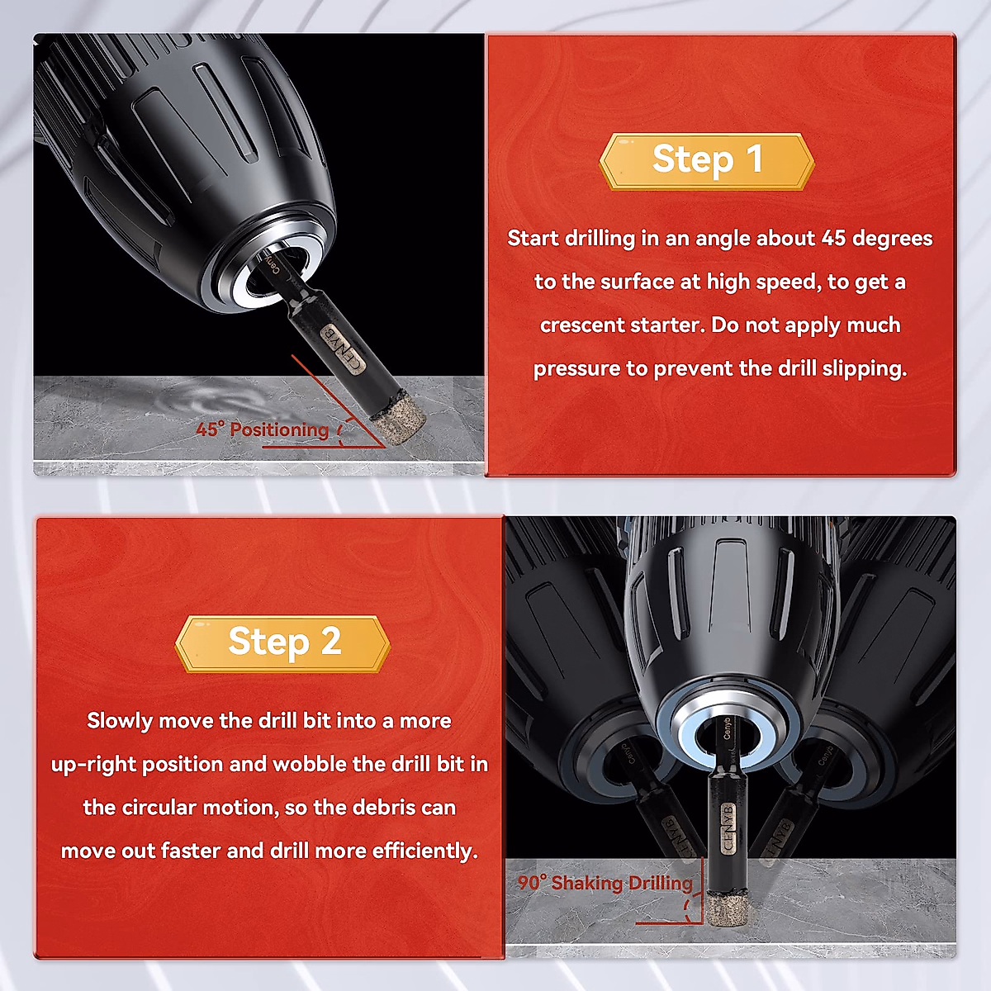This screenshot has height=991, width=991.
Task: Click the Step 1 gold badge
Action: pyautogui.click(x=707, y=162)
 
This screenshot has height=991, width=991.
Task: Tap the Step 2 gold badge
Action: pyautogui.click(x=283, y=643)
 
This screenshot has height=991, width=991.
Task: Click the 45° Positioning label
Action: pyautogui.click(x=262, y=429)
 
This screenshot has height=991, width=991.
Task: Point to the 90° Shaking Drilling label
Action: pyautogui.click(x=605, y=883)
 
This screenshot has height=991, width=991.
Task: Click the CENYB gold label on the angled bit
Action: pyautogui.click(x=343, y=349)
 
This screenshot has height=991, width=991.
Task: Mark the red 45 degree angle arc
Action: pyautogui.click(x=340, y=431)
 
